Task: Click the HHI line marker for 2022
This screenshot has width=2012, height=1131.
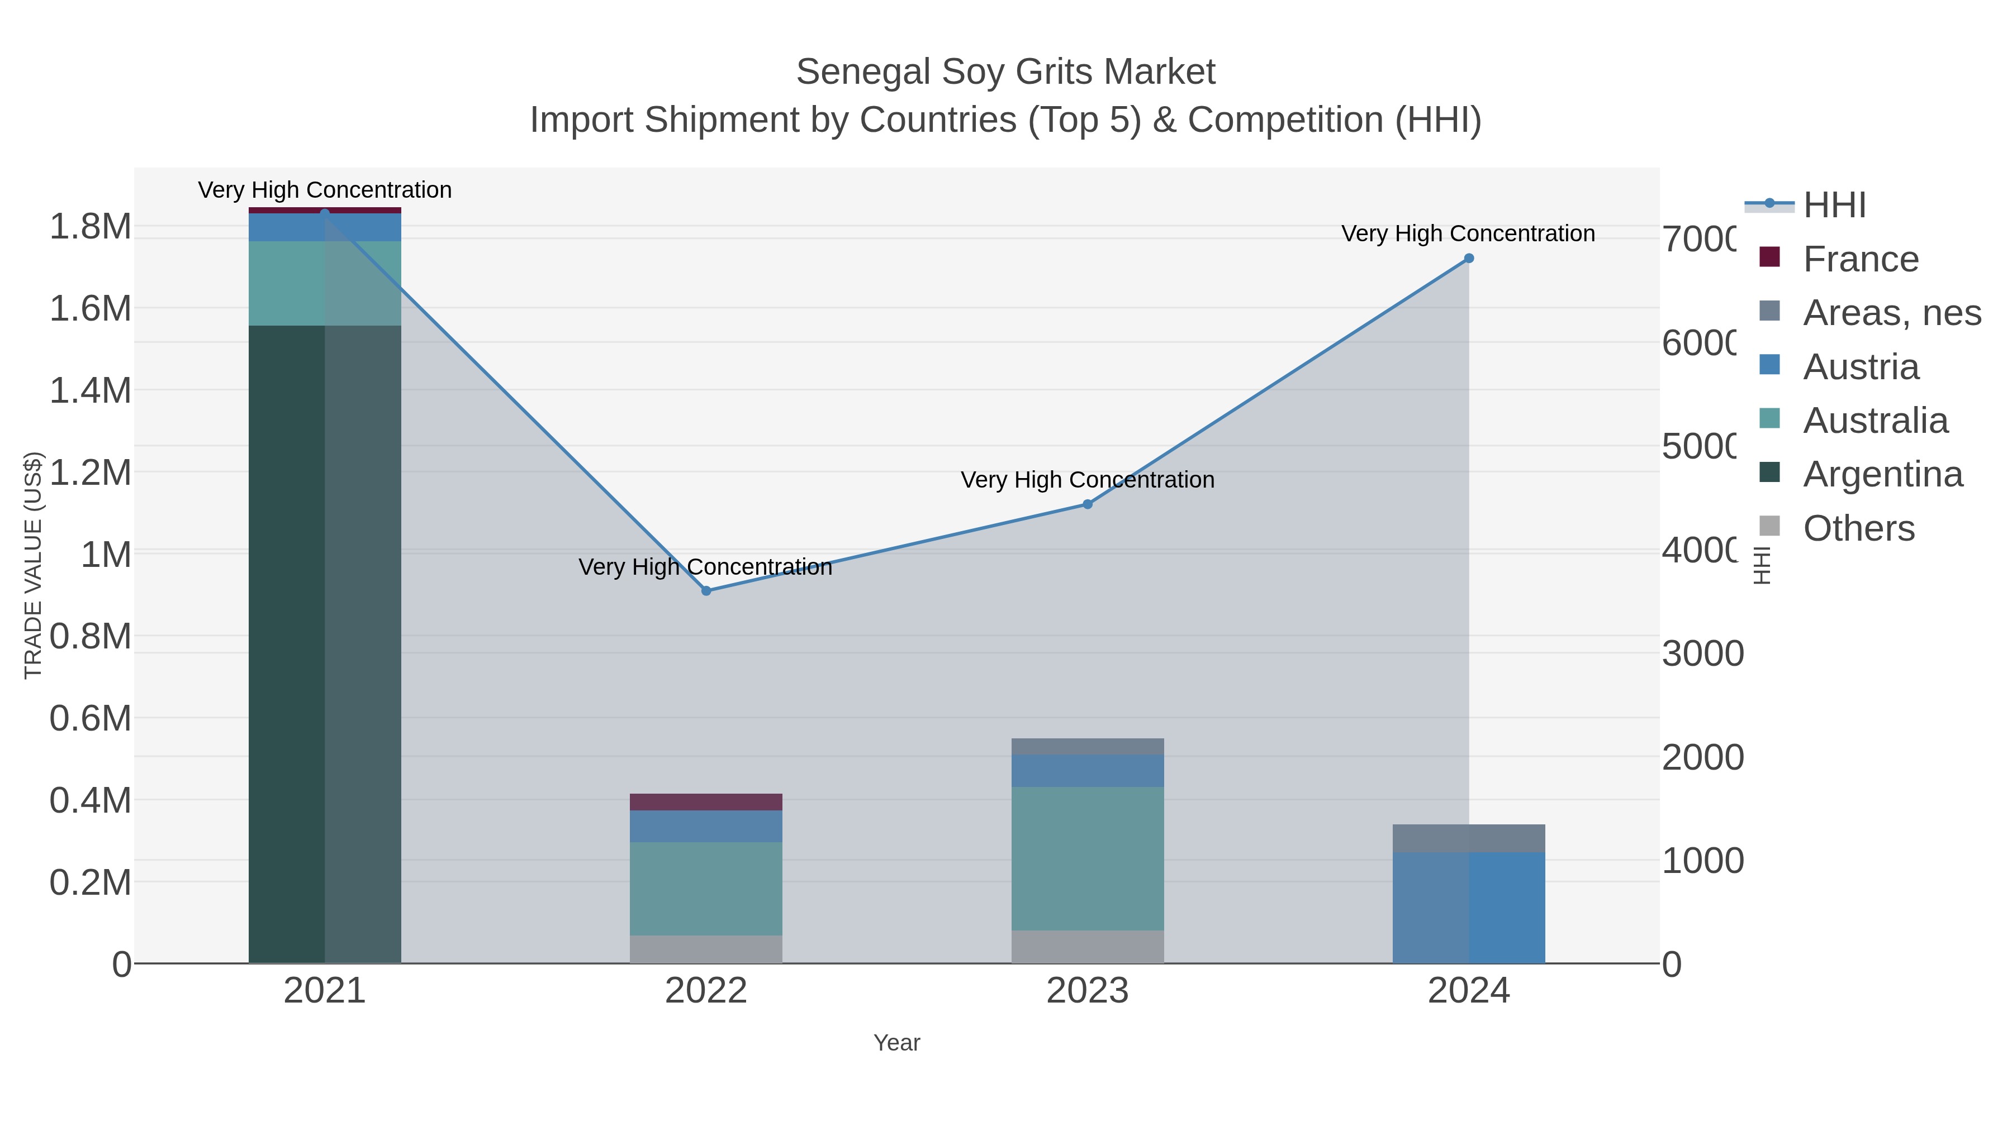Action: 706,591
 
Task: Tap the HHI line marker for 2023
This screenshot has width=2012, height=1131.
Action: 1087,504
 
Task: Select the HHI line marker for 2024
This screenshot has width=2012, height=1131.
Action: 1468,259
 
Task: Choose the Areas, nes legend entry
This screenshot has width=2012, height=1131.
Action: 1891,313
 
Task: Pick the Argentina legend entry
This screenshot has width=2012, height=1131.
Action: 1882,475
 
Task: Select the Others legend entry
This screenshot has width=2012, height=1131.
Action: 1858,528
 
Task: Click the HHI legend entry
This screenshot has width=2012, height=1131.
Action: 1833,206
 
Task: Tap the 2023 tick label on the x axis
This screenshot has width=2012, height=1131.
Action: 1087,991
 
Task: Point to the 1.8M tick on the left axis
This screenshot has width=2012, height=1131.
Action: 91,227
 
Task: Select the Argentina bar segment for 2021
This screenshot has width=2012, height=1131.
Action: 325,644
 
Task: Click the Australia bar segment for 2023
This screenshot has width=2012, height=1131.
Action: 1087,858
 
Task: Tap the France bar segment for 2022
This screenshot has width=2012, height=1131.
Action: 706,801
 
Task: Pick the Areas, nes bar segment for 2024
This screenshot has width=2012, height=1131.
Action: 1468,838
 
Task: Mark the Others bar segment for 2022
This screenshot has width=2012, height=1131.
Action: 706,948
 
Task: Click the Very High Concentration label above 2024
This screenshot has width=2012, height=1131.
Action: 1468,233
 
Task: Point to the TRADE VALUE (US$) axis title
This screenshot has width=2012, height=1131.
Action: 34,565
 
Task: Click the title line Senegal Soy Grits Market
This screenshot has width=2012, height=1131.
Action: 1005,72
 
